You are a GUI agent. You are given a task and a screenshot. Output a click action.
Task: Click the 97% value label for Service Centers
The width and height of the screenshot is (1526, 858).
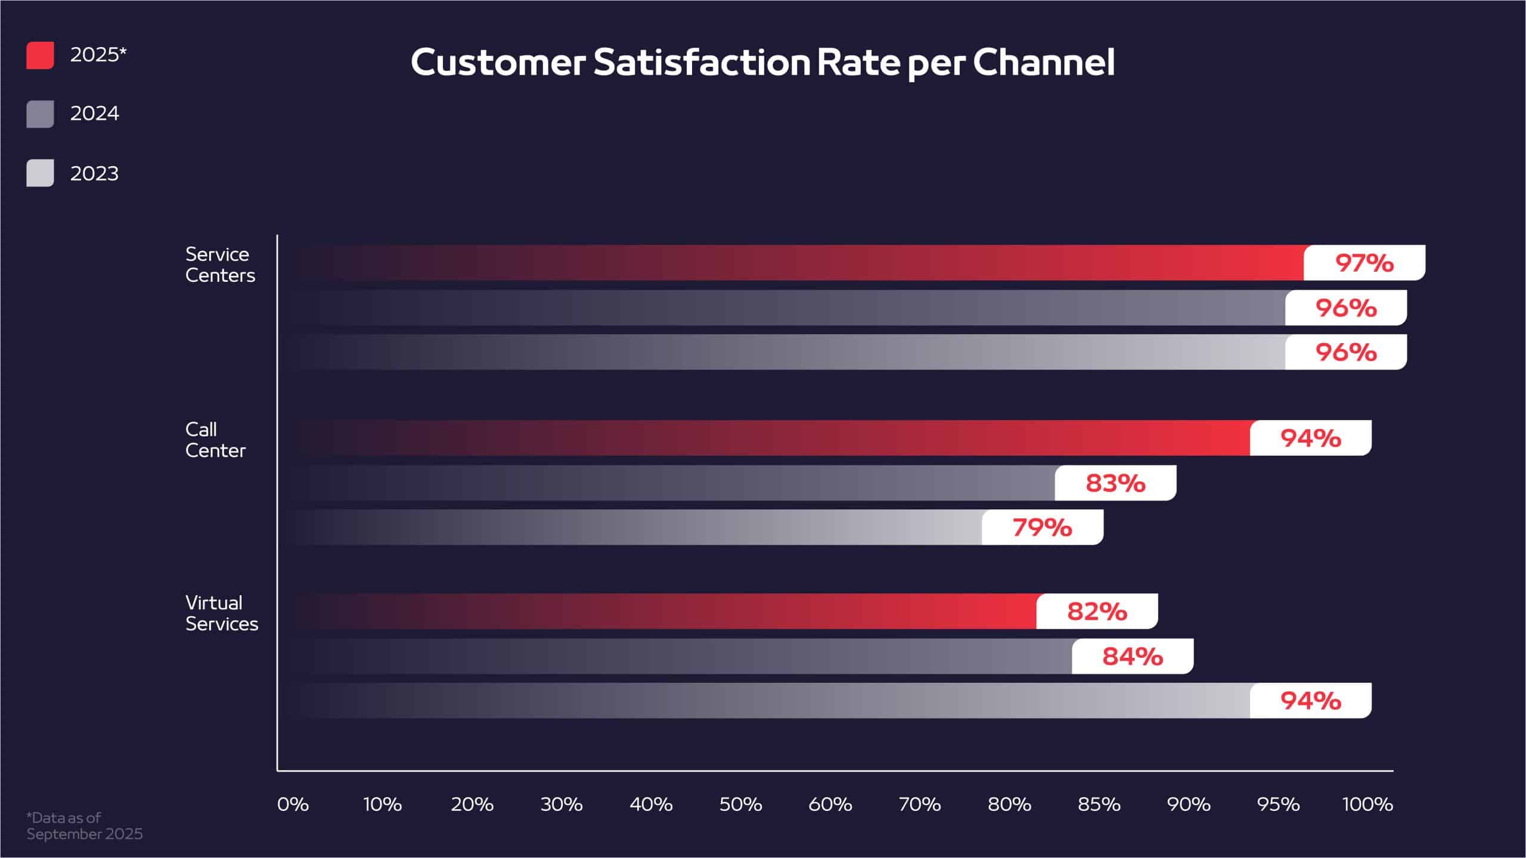tap(1364, 263)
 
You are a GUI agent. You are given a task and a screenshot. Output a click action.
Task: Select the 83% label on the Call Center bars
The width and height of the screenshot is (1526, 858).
tap(1115, 483)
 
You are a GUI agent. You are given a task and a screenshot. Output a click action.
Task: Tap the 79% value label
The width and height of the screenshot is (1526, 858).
tap(1042, 527)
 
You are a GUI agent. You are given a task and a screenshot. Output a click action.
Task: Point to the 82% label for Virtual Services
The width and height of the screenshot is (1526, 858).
tap(1097, 611)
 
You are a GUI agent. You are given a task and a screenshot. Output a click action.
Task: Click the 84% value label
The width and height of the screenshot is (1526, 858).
tap(1133, 657)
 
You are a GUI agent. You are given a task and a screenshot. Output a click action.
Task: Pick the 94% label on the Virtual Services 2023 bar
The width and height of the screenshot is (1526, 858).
tap(1310, 701)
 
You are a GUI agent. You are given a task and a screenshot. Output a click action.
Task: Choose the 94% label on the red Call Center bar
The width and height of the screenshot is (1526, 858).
tap(1310, 438)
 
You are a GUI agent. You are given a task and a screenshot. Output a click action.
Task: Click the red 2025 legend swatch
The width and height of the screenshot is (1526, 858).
tap(40, 55)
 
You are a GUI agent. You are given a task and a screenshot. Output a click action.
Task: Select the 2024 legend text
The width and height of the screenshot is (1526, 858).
tap(94, 113)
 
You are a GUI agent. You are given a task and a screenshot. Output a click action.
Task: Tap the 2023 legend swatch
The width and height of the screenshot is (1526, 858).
tap(40, 173)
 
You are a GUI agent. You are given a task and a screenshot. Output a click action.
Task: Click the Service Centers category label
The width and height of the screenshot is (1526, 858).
tap(219, 265)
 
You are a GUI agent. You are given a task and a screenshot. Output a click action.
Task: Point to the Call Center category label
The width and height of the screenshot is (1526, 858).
tap(215, 440)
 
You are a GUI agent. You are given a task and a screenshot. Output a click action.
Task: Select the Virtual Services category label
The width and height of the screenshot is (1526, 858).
tap(221, 613)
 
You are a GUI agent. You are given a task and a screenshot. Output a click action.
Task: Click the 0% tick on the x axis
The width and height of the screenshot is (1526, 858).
tap(293, 804)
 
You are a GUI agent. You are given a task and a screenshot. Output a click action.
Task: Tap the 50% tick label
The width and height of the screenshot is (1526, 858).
tap(740, 804)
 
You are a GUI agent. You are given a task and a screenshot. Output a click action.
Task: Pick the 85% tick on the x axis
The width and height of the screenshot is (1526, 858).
tap(1099, 804)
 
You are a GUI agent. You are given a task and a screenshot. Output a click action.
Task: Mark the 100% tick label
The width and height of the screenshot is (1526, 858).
tap(1367, 804)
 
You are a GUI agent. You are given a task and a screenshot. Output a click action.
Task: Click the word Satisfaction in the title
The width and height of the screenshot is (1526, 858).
tap(702, 63)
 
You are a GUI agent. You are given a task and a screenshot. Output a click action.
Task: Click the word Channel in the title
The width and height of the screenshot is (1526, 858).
tap(1043, 63)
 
